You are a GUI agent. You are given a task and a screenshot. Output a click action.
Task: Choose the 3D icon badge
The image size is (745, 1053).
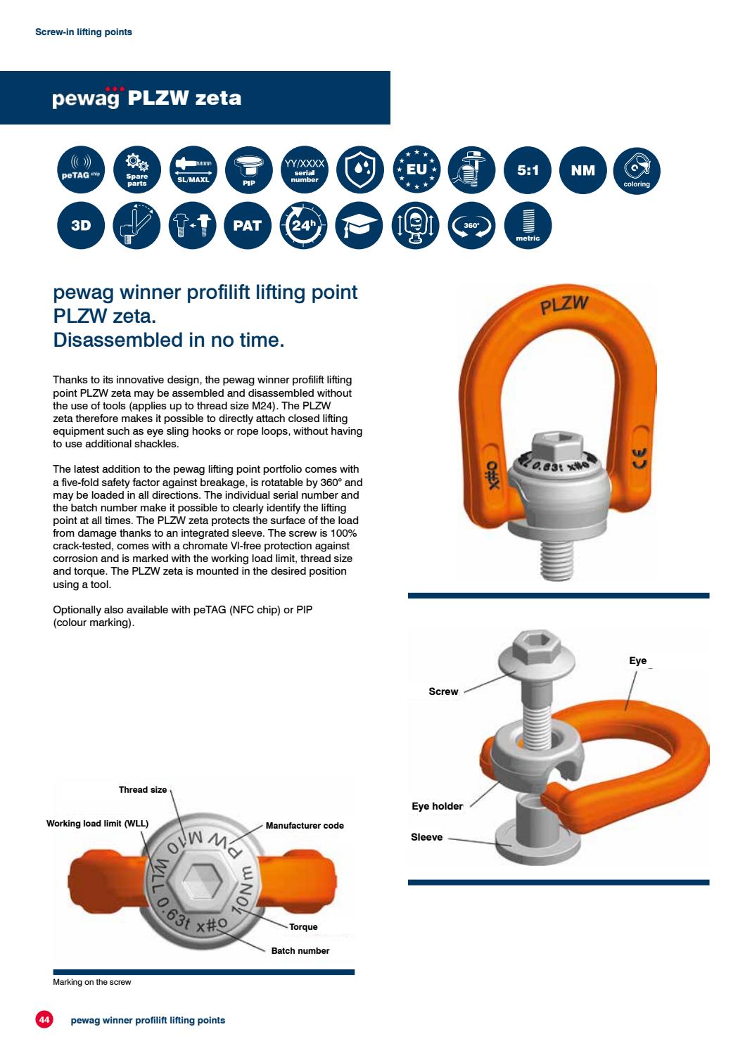pos(80,226)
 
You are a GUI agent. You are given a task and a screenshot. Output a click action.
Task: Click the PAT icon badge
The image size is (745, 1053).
pos(248,226)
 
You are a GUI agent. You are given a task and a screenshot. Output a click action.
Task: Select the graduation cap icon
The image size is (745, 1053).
pos(359,226)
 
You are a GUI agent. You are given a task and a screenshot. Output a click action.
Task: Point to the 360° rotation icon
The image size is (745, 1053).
pos(471,226)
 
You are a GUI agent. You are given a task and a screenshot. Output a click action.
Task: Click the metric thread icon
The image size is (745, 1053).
pos(528,226)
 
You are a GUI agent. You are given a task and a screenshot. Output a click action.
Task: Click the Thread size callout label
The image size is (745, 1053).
pos(143,790)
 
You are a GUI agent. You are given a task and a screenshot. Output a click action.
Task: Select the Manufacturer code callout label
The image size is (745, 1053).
pos(305,826)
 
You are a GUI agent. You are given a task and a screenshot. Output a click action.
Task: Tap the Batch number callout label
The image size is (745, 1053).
pos(300,951)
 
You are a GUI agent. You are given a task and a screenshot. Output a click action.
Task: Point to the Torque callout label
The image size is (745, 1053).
pos(303,927)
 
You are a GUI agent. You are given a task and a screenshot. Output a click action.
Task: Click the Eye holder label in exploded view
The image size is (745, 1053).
pos(437,806)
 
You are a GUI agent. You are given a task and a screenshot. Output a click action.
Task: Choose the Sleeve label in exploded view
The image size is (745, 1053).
pos(427,837)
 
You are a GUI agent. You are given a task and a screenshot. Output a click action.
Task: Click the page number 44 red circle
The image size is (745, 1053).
pos(44,1019)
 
